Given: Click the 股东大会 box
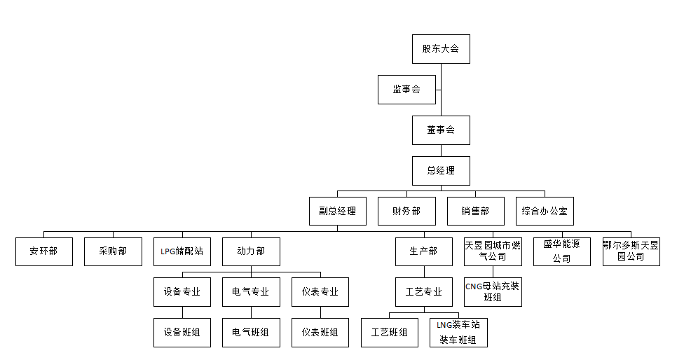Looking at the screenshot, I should [x=441, y=49].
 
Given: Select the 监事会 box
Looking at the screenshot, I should [x=406, y=90].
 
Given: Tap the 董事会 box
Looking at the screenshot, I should [x=441, y=130].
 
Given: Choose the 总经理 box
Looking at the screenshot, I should [x=441, y=170].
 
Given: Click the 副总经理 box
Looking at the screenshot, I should [x=337, y=211].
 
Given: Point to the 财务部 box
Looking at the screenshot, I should [x=406, y=211].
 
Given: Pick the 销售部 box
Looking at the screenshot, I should [x=475, y=211].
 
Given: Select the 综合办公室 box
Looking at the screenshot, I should [x=545, y=211].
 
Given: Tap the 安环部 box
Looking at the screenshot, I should [x=44, y=251].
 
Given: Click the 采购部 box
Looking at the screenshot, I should [x=113, y=251].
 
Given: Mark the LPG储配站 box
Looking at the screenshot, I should [x=182, y=251].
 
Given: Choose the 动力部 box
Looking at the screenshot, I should [x=251, y=251].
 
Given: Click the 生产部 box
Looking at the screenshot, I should [x=423, y=251].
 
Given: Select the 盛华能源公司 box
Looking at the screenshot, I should [x=561, y=251].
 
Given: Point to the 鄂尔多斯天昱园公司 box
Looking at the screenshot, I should [x=631, y=251].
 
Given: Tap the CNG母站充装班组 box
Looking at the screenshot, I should [x=492, y=291].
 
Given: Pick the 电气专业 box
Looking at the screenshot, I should [x=251, y=292].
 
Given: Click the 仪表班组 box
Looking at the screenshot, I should [x=320, y=333].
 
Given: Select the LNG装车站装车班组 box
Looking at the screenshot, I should [x=458, y=333].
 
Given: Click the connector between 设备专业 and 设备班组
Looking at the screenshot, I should [x=182, y=312].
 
